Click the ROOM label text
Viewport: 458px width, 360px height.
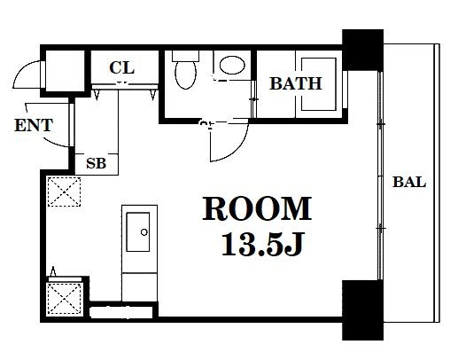coord(257,208)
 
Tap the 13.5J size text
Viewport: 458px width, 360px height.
coord(262,245)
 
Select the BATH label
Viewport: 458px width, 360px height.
coord(296,83)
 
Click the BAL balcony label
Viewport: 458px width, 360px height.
coord(409,182)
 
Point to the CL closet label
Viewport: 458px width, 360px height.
coord(122,67)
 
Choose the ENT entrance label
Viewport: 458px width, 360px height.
coord(34,125)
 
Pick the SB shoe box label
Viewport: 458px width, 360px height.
coord(96,163)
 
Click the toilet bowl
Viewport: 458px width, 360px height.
coord(185,74)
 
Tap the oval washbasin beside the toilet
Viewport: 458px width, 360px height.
coord(232,65)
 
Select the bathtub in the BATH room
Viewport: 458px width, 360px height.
coord(318,84)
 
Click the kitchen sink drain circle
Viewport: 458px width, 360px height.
coord(144,232)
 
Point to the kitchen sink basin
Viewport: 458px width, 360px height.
coord(138,232)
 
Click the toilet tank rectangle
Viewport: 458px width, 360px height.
coord(185,56)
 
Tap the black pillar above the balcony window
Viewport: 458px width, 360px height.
coord(362,50)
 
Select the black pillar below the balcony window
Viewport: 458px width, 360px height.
coord(362,310)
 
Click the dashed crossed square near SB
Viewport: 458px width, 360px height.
coord(64,192)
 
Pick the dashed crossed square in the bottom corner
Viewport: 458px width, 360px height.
coord(65,299)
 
